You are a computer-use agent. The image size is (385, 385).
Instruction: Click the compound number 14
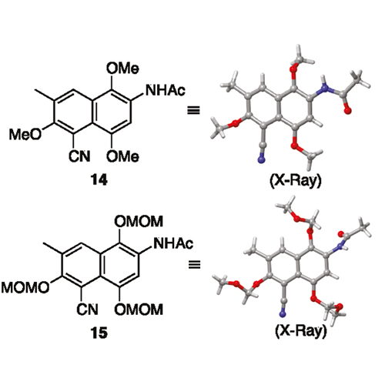coord(99,181)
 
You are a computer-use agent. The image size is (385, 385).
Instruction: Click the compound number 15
coord(99,333)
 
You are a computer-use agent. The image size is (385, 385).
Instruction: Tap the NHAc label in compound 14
coord(166,90)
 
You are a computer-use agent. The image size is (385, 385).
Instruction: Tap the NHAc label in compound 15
coord(173,243)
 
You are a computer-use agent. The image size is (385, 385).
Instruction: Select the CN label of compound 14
coord(79,156)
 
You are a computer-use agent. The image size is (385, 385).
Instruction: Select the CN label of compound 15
coord(87,309)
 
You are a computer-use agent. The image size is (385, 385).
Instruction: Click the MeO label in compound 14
coord(25,134)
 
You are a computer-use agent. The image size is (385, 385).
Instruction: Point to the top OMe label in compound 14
coord(122,69)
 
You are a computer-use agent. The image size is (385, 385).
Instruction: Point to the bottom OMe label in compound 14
coord(122,156)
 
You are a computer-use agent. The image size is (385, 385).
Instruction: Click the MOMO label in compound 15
coord(25,287)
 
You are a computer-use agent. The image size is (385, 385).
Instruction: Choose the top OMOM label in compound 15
coord(139,221)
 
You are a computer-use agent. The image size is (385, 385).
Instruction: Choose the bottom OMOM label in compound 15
coord(139,309)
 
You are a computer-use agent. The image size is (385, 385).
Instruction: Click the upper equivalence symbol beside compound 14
coord(193,111)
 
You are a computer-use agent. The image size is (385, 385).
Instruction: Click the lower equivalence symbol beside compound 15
coord(194,264)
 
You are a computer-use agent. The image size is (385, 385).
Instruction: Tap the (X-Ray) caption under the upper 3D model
coord(296,182)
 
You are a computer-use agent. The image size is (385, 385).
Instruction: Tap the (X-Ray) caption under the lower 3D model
coord(301,331)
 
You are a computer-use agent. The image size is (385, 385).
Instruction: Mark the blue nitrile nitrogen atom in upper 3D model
coord(261,160)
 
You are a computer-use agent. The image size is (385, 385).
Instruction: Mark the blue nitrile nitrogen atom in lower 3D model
coord(283,313)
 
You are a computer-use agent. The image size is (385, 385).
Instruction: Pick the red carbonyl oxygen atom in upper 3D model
coord(347,111)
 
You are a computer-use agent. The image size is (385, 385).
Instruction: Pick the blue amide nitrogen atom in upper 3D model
coord(325,89)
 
